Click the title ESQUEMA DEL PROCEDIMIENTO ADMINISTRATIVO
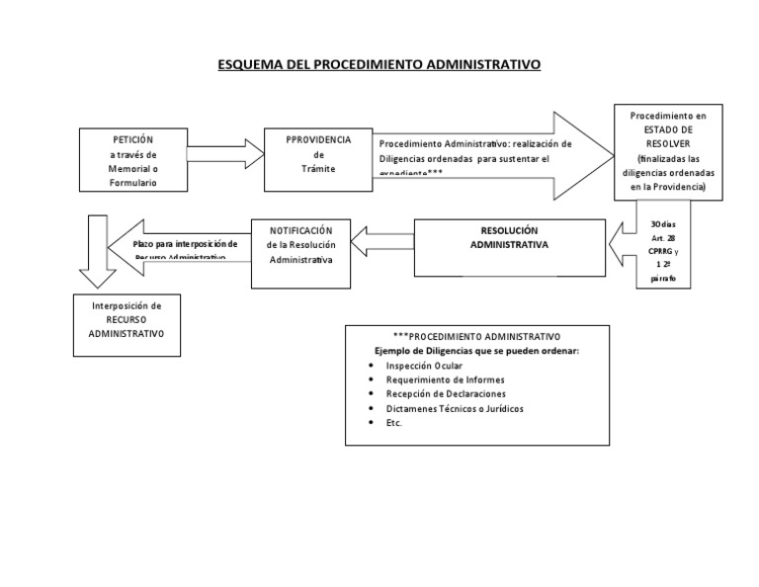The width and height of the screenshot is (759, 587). (379, 66)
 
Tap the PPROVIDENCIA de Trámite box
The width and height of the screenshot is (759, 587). (317, 154)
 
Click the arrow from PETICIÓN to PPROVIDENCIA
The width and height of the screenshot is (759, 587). (223, 154)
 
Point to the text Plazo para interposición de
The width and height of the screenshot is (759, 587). (186, 243)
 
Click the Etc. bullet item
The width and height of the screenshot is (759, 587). (395, 422)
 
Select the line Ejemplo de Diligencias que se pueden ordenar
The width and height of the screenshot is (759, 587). (476, 351)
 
